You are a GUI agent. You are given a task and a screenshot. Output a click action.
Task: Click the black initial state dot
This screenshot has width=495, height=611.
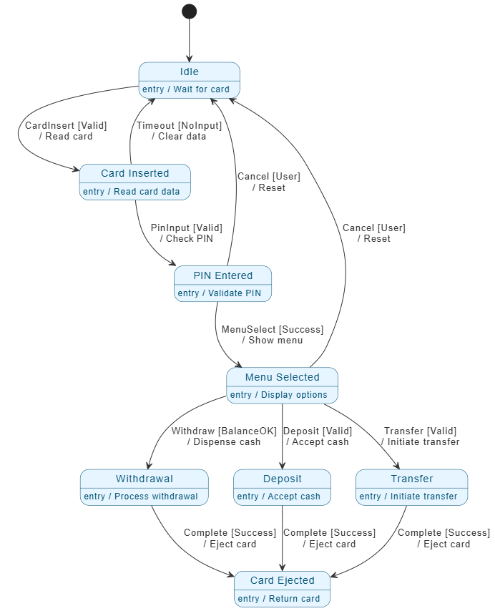click(190, 11)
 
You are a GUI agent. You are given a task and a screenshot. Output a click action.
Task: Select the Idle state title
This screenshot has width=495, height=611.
click(190, 72)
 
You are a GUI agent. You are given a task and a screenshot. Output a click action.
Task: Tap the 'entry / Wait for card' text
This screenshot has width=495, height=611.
click(186, 89)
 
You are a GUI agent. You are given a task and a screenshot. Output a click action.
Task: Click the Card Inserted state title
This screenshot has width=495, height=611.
click(135, 173)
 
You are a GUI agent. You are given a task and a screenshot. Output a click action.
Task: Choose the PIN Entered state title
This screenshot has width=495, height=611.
click(223, 275)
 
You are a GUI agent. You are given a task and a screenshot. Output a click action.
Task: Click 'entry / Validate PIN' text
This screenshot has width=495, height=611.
click(219, 293)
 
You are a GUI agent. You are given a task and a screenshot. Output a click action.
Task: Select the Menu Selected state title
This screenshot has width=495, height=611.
click(283, 377)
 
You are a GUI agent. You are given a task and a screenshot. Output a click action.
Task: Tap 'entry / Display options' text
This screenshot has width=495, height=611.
click(279, 395)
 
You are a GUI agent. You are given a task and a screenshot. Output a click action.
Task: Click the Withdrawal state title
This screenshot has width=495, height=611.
click(144, 479)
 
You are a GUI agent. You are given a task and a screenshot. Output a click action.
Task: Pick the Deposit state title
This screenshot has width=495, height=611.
click(283, 479)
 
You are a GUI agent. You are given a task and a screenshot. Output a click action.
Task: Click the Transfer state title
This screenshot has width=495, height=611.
click(412, 479)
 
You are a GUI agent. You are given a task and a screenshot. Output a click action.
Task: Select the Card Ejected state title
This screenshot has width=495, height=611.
click(283, 580)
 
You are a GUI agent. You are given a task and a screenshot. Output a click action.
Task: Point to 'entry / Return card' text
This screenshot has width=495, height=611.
click(279, 599)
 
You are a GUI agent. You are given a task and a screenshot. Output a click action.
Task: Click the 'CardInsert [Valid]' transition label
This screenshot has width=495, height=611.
click(66, 125)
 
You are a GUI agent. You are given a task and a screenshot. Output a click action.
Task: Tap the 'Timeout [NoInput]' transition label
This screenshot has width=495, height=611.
click(180, 125)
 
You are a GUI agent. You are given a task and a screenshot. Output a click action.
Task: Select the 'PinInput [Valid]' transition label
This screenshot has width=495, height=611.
click(187, 228)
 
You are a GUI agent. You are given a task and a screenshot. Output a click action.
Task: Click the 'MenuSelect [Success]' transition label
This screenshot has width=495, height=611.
click(273, 329)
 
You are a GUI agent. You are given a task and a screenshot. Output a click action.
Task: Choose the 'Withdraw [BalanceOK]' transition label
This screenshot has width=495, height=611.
click(224, 431)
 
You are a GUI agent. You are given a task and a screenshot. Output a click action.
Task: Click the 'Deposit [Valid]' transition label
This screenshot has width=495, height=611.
click(318, 431)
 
